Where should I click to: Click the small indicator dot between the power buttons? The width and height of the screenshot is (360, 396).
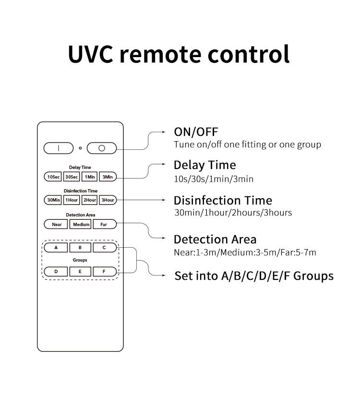(x=80, y=148)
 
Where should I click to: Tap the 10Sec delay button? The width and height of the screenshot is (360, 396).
(x=53, y=177)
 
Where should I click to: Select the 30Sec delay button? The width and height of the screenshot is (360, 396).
(x=72, y=177)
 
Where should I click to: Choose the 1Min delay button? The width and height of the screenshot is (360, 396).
(x=89, y=177)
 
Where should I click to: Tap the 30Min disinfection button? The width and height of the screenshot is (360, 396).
(x=53, y=200)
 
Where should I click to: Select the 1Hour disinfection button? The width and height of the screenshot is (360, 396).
(x=72, y=200)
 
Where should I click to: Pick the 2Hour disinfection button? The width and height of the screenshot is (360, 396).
(x=89, y=200)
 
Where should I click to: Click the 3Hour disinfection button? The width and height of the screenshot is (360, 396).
(x=108, y=200)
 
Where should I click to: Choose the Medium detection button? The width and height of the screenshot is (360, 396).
(x=81, y=224)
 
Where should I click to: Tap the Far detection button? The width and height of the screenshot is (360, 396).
(x=105, y=224)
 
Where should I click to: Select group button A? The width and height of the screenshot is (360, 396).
(x=56, y=248)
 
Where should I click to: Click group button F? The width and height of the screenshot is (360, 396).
(x=105, y=272)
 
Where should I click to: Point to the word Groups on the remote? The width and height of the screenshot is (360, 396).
(x=80, y=260)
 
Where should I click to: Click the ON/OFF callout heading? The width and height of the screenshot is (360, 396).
(x=196, y=132)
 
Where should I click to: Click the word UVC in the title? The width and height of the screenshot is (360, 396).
(x=90, y=54)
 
